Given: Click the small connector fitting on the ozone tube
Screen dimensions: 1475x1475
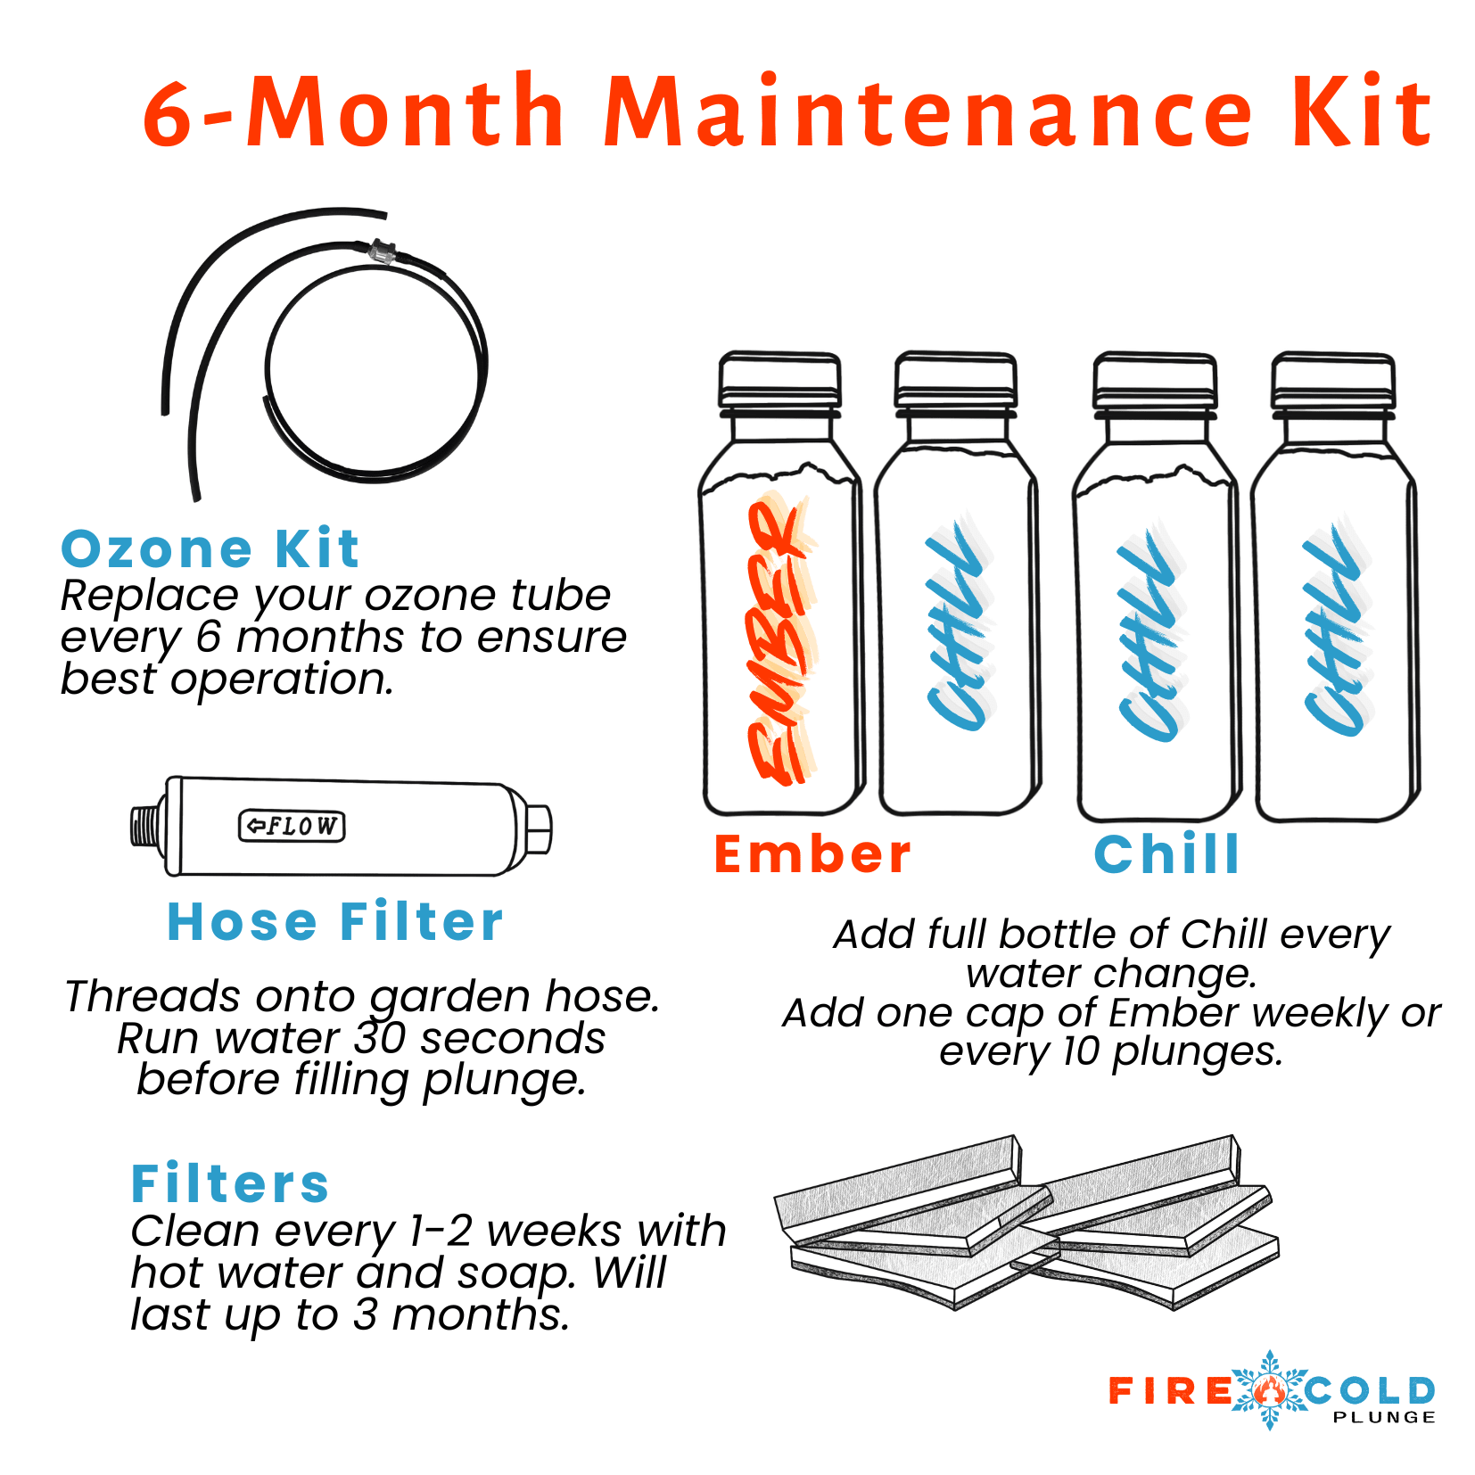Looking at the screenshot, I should [382, 251].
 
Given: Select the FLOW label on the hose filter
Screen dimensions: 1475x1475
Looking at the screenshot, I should [292, 826].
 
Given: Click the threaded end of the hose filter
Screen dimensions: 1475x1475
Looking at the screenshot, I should [145, 825].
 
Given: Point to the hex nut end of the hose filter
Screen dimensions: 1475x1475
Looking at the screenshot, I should [538, 829].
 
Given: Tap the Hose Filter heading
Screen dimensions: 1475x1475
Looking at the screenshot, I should [335, 921].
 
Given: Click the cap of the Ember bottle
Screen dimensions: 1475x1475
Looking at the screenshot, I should [779, 380].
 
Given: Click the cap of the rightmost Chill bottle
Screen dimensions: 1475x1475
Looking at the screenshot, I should [1332, 381].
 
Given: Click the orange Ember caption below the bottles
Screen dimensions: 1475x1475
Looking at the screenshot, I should [812, 853].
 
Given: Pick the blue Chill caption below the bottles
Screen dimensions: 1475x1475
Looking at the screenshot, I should [1166, 853].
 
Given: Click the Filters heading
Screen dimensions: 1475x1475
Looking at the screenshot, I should [230, 1183].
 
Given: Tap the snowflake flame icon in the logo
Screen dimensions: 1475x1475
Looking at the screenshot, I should [1269, 1388].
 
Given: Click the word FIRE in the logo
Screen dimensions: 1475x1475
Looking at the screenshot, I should [1169, 1390].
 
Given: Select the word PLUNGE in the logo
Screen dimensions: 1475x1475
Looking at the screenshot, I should [1383, 1417].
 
